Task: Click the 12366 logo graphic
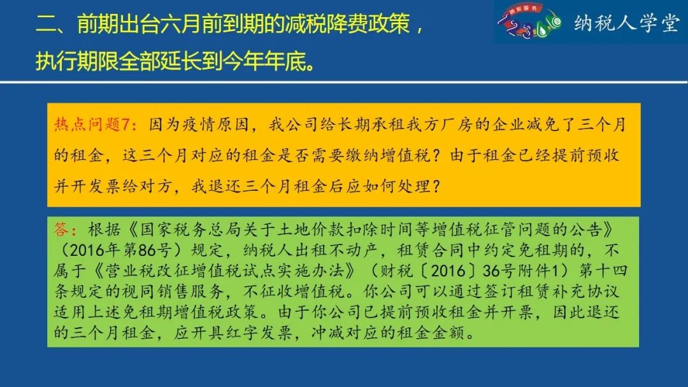[x=529, y=22]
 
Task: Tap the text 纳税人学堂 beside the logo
[x=627, y=23]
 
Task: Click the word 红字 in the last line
[x=243, y=333]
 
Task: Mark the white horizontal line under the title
[x=344, y=82]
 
